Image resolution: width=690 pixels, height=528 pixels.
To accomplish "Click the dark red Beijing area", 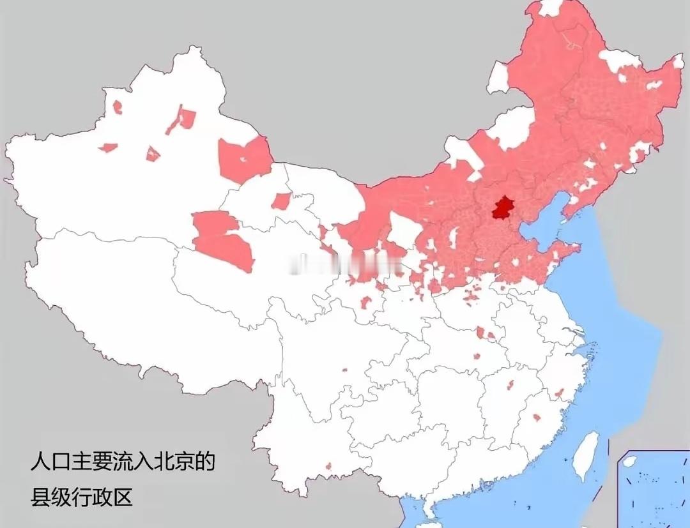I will coord(503,209).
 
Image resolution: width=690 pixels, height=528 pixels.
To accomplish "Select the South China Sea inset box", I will coord(653,488).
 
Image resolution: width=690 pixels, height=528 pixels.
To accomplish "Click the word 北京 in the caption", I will coord(173,461).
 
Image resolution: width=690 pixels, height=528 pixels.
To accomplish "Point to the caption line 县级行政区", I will coord(81,497).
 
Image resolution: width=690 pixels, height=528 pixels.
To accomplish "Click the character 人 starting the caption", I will coord(40,461).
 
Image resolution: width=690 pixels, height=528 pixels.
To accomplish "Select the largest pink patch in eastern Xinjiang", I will coord(245,159).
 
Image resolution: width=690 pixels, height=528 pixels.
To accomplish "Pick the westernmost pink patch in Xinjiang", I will coord(107,147).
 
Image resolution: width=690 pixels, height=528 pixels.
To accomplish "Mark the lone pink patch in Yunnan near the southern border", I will coord(328,466).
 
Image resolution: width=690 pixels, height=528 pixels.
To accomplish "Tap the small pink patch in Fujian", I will coord(537,417).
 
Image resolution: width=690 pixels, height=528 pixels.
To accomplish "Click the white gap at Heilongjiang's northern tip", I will coord(550,7).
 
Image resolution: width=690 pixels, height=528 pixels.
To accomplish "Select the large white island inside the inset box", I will coord(630,461).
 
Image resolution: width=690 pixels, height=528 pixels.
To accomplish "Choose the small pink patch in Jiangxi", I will coord(509,385).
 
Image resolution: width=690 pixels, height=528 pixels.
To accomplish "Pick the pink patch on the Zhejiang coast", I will coord(559,393).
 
